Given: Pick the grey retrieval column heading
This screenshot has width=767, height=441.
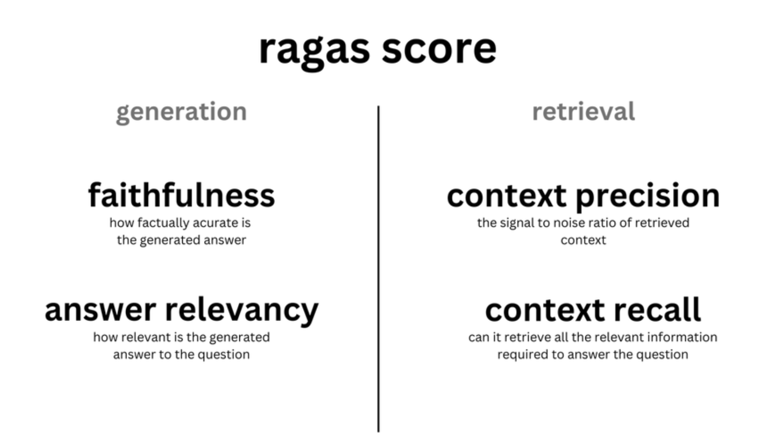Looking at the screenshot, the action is [x=583, y=111].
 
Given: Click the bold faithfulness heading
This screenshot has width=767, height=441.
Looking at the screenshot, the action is [x=181, y=195].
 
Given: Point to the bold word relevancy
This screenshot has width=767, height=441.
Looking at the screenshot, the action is [x=242, y=311].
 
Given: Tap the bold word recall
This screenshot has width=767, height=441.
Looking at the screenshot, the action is [x=658, y=310].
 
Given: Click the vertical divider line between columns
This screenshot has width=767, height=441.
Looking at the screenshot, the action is [x=378, y=269].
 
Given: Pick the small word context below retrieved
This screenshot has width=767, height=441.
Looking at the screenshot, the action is [x=583, y=240].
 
